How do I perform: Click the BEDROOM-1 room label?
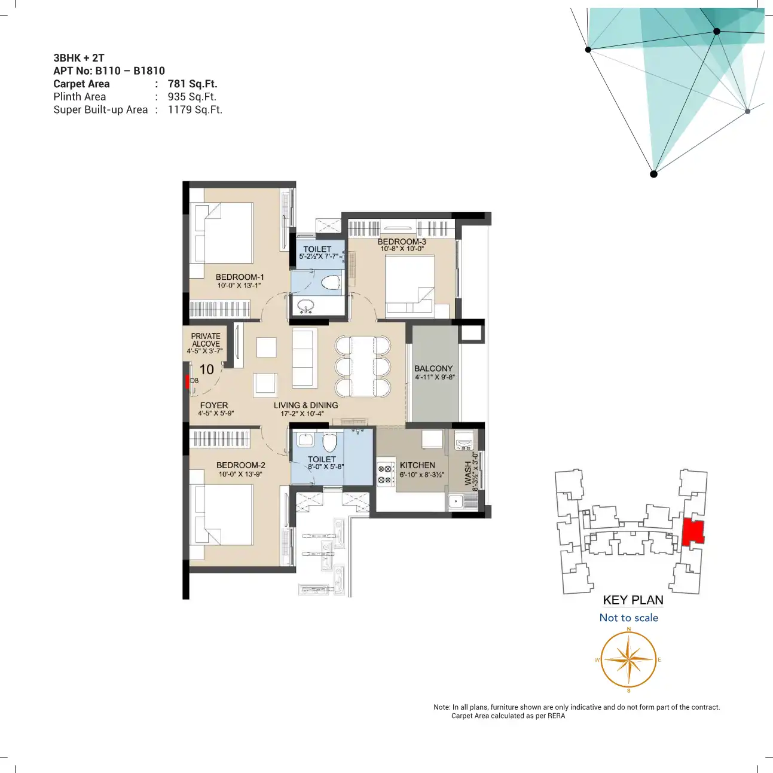pyautogui.click(x=240, y=277)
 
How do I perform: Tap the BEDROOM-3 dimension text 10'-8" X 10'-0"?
pyautogui.click(x=402, y=249)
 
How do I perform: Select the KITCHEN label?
pyautogui.click(x=417, y=465)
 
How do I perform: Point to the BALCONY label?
pyautogui.click(x=433, y=368)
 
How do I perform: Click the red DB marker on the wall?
pyautogui.click(x=187, y=381)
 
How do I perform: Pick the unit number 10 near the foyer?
pyautogui.click(x=207, y=369)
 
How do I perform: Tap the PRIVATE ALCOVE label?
pyautogui.click(x=206, y=340)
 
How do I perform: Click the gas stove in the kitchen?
pyautogui.click(x=386, y=473)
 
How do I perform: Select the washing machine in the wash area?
pyautogui.click(x=465, y=440)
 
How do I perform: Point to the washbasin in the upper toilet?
pyautogui.click(x=307, y=306)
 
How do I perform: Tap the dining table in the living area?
pyautogui.click(x=363, y=366)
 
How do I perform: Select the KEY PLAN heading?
pyautogui.click(x=633, y=600)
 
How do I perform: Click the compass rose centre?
pyautogui.click(x=628, y=659)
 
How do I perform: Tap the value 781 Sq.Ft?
pyautogui.click(x=193, y=84)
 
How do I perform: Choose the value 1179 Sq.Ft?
pyautogui.click(x=195, y=109)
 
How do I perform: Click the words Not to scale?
pyautogui.click(x=628, y=618)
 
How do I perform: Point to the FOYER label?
pyautogui.click(x=214, y=405)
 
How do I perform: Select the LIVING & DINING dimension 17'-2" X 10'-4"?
pyautogui.click(x=302, y=414)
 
